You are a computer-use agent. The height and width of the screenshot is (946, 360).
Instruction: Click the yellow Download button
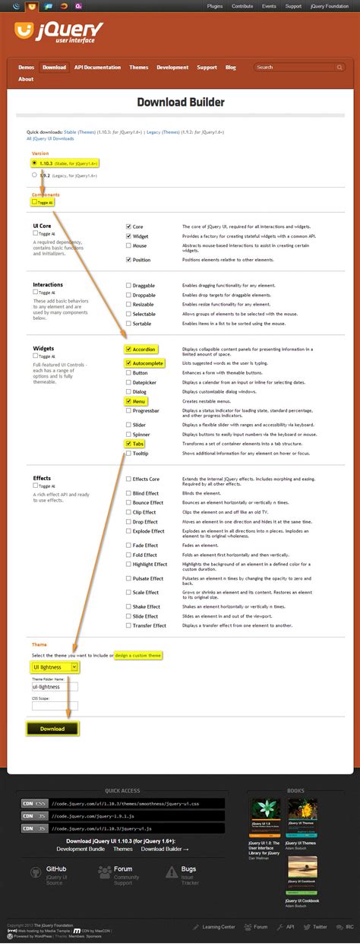(x=52, y=729)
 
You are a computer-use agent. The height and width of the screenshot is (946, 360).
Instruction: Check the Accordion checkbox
(x=128, y=350)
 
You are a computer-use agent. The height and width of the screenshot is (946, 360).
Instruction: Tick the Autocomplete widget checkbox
(x=128, y=363)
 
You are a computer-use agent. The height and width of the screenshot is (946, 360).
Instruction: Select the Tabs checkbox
(x=128, y=443)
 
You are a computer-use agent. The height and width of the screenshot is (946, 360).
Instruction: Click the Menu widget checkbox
(x=128, y=400)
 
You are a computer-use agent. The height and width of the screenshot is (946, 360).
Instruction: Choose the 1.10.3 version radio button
(x=34, y=163)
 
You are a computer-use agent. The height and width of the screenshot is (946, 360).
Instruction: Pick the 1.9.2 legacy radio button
(x=34, y=174)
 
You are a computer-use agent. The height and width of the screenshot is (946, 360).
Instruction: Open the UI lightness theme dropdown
(x=55, y=666)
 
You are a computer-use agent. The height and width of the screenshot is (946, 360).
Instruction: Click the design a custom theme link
(x=139, y=655)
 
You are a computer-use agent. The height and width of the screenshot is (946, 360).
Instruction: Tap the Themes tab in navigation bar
(x=139, y=68)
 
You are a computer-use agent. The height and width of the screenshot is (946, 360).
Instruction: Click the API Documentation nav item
(x=98, y=68)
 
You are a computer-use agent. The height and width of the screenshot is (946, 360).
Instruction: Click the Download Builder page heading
(x=180, y=102)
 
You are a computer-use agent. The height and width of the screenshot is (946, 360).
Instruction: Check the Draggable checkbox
(x=128, y=286)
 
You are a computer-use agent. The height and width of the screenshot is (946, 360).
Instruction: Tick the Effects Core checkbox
(x=128, y=479)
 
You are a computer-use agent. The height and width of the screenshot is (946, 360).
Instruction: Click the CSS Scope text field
(x=55, y=706)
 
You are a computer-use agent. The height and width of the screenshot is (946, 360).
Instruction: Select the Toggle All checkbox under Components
(x=34, y=203)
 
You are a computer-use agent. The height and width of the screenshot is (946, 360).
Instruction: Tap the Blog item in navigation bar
(x=231, y=68)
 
